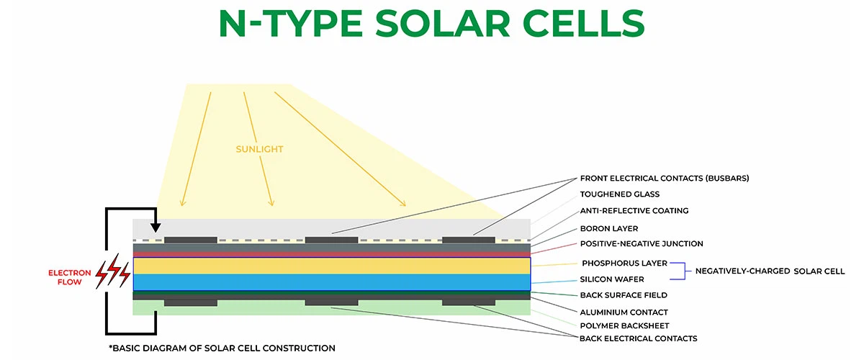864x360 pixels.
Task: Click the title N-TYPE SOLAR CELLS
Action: [x=432, y=24]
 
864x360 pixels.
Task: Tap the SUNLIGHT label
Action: [x=259, y=149]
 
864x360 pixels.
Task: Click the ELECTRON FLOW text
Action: [x=70, y=278]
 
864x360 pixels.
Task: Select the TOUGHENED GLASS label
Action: [x=619, y=194]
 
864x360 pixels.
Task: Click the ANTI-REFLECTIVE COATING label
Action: [x=634, y=211]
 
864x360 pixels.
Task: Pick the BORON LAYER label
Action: [x=609, y=228]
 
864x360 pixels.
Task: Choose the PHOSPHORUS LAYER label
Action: [x=624, y=264]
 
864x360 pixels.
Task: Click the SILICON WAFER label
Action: [x=612, y=279]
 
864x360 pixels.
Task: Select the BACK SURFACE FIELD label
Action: [x=624, y=295]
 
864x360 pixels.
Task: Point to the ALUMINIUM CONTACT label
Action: [x=624, y=312]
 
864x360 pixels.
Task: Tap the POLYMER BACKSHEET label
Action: [x=624, y=325]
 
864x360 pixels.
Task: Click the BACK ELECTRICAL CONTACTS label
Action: [x=638, y=338]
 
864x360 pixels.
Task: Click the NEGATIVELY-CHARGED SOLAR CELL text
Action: [x=770, y=271]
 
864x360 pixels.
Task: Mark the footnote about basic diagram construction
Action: [x=222, y=348]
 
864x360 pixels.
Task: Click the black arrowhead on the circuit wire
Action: [x=156, y=228]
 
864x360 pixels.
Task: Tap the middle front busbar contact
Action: [x=331, y=240]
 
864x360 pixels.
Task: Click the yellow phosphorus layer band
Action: [x=331, y=265]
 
